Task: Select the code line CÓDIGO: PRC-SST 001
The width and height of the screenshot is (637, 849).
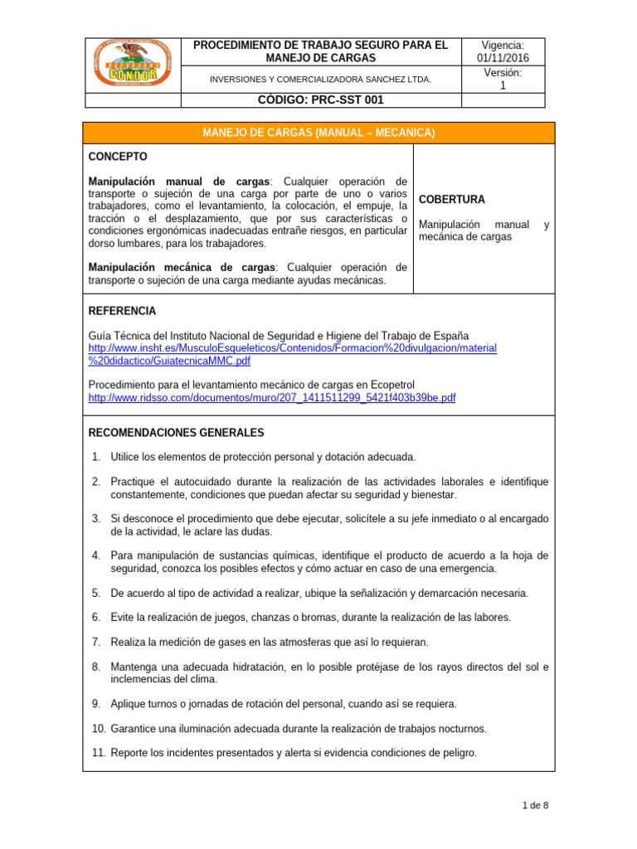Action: (320, 99)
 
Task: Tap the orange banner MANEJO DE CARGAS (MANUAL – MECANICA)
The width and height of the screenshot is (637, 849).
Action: (319, 133)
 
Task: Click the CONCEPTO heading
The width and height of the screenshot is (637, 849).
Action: (118, 156)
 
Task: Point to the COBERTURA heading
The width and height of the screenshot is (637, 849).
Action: (452, 200)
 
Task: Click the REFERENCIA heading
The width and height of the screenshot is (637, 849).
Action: (122, 310)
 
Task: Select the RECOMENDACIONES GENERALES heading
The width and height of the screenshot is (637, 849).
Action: (176, 433)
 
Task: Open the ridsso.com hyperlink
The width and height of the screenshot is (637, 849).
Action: (271, 398)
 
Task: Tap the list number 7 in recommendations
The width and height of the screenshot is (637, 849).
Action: (96, 642)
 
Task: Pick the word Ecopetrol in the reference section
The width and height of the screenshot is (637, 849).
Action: (391, 385)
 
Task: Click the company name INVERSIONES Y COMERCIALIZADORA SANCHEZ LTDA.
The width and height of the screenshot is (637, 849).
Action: (320, 80)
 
